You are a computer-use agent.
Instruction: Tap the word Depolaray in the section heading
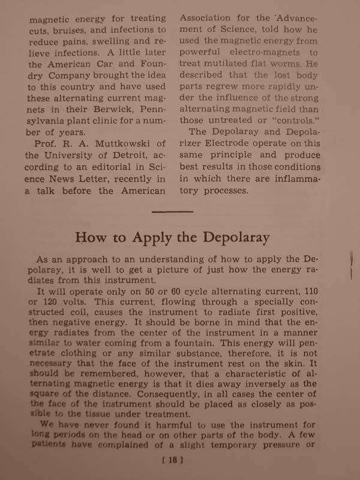(x=236, y=238)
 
